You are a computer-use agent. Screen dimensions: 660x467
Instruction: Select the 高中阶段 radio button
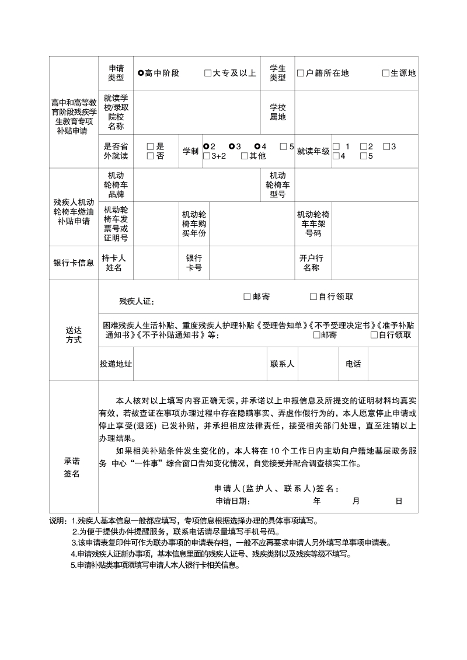click(141, 74)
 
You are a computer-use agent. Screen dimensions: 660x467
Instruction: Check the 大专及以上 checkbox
click(208, 74)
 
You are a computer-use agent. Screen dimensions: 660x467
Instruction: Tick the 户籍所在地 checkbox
click(301, 74)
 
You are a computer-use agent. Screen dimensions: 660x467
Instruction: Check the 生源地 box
click(386, 74)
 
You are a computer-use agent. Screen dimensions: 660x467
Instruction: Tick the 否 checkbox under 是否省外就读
click(150, 156)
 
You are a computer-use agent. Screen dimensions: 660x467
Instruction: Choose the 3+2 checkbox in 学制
click(207, 156)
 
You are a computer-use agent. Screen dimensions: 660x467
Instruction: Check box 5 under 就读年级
click(363, 156)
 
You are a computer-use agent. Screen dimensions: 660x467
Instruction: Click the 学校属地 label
click(277, 112)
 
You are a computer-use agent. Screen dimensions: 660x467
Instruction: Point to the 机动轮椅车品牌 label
click(116, 185)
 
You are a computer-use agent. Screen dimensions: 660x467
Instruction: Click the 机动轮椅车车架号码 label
click(313, 224)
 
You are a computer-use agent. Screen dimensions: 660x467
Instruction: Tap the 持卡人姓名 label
click(116, 263)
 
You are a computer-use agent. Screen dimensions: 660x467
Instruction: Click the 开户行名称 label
click(311, 263)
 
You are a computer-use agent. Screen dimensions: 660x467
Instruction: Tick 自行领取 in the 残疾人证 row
click(313, 296)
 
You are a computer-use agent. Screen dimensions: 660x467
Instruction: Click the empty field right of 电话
click(393, 364)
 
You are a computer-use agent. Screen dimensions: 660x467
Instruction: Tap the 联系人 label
click(282, 364)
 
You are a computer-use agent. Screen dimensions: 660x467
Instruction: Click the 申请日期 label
click(233, 501)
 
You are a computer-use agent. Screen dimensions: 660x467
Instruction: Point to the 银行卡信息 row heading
click(74, 263)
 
